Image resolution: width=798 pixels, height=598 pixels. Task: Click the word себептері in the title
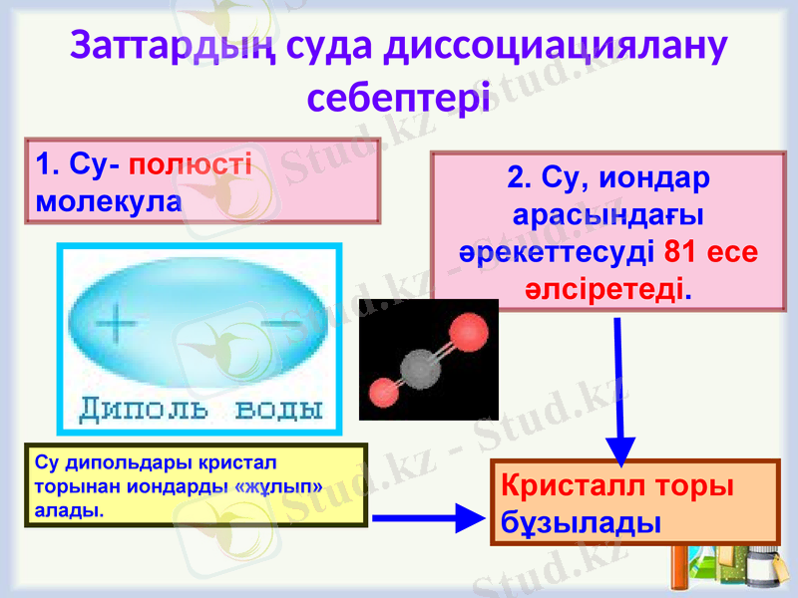tap(399, 98)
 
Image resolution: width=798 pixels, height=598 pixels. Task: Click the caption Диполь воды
tap(200, 410)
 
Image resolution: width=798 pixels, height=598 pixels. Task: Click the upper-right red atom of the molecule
tap(467, 332)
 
